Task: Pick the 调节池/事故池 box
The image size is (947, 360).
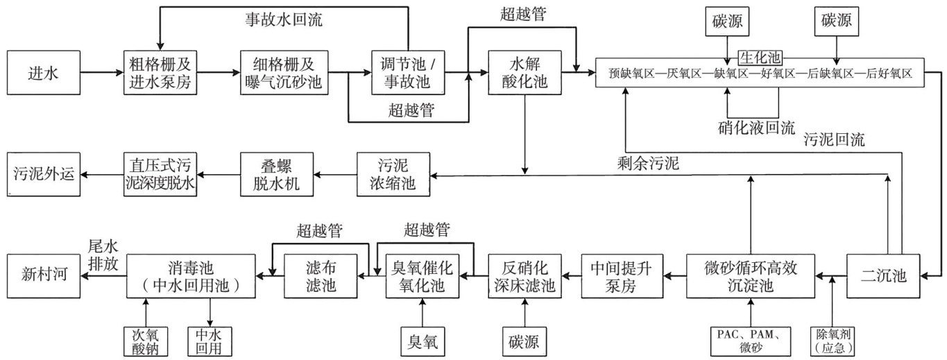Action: point(406,72)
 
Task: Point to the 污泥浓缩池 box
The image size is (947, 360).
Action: point(393,174)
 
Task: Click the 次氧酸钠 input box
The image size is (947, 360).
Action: point(146,341)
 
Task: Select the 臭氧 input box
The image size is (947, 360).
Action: point(422,341)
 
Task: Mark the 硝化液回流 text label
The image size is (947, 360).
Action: point(756,128)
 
